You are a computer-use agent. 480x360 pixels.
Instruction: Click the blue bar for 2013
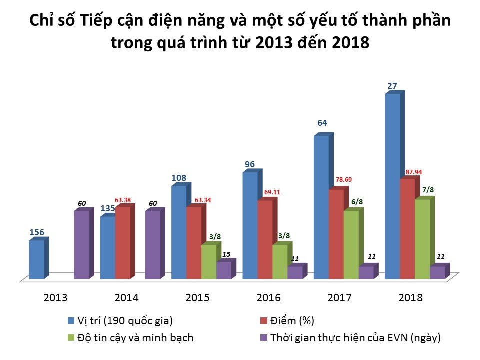[x=37, y=260]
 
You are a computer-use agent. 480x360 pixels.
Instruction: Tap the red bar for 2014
[x=123, y=243]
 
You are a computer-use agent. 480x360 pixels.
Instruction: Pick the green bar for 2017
[x=351, y=245]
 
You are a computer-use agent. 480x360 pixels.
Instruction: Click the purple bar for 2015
[x=224, y=270]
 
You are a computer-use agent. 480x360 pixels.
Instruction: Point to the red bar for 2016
[x=265, y=239]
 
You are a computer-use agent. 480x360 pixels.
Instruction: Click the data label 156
[x=37, y=232]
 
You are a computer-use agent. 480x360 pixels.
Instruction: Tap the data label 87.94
[x=414, y=172]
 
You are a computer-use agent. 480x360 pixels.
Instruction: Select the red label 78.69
[x=343, y=179]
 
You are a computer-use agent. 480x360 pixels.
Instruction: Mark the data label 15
[x=226, y=254]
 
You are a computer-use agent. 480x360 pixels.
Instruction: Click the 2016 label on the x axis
[x=268, y=298]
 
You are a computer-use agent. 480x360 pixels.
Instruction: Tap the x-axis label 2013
[x=56, y=298]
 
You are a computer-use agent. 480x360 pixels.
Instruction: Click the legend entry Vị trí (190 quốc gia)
[x=125, y=320]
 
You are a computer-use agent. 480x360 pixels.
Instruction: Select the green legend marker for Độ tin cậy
[x=71, y=338]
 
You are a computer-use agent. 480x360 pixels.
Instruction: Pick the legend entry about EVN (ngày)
[x=355, y=337]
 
